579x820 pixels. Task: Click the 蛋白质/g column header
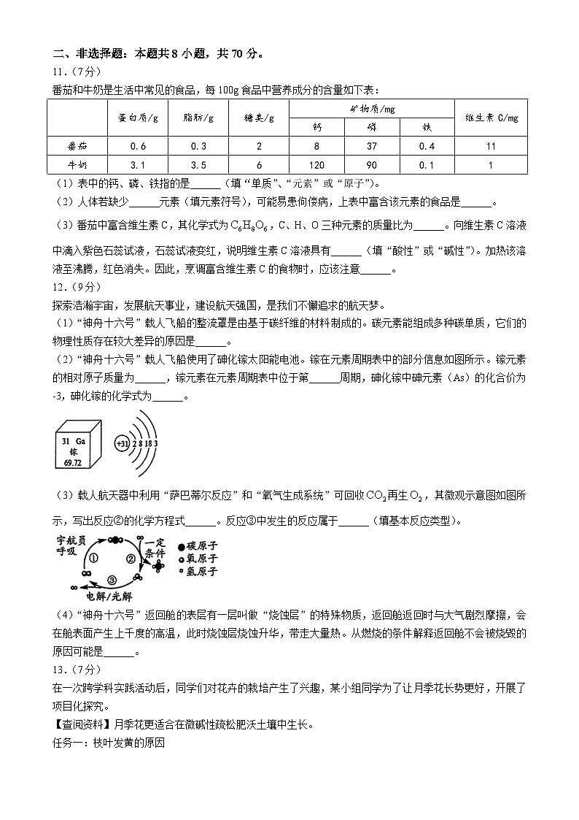(138, 118)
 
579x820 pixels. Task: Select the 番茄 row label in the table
(77, 146)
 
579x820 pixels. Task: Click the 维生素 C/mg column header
(491, 118)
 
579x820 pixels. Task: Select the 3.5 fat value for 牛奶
(198, 165)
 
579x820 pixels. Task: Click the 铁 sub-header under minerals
(427, 127)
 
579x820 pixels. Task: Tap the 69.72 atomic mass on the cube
(71, 463)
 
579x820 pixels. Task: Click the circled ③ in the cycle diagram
(111, 579)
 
